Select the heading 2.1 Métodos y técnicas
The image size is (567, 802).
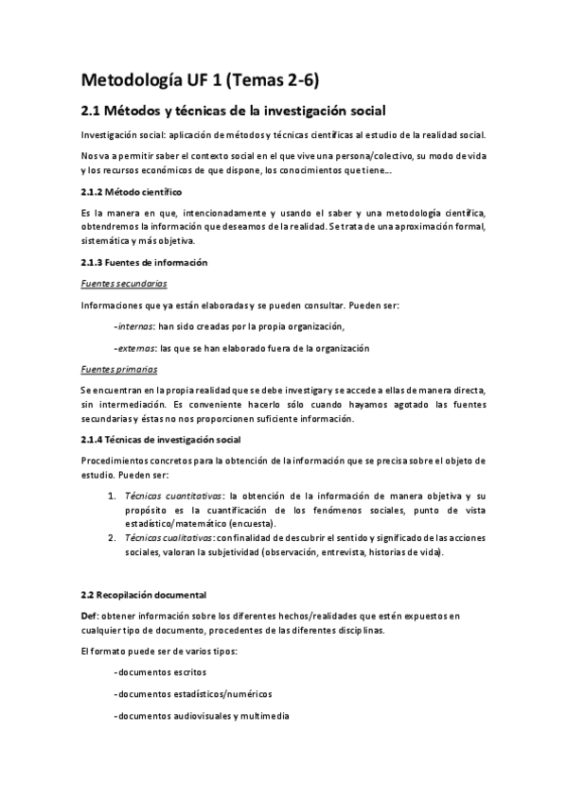233,111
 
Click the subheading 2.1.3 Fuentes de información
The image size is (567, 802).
144,261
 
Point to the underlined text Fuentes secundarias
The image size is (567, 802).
120,283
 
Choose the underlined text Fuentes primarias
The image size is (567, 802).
118,369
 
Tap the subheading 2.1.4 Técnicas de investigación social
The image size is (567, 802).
161,440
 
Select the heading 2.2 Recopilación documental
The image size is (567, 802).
143,595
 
